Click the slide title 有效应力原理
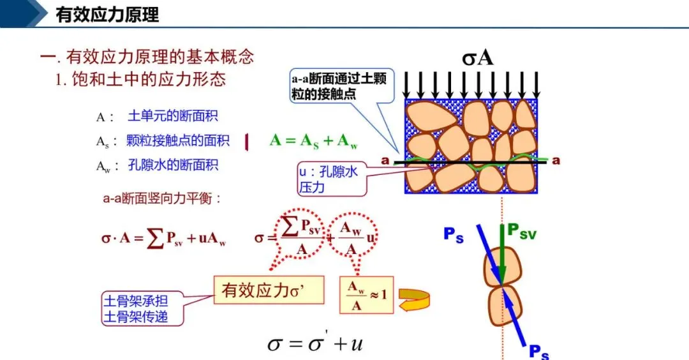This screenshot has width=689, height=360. [x=107, y=14]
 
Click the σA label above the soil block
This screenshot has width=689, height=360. [x=478, y=58]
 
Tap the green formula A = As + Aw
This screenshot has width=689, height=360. [x=313, y=141]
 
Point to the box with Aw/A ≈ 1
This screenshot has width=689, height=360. [x=367, y=296]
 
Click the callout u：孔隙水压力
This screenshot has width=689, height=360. [x=332, y=179]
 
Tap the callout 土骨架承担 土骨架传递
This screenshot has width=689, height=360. [x=144, y=308]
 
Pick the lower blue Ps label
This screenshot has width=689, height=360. [x=538, y=352]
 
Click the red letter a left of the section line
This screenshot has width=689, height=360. [x=385, y=161]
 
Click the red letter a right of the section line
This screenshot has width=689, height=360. [x=556, y=160]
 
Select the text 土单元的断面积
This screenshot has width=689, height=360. [x=173, y=117]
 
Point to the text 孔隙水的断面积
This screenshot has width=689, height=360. [x=173, y=165]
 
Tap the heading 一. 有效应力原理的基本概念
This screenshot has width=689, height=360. [x=147, y=57]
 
